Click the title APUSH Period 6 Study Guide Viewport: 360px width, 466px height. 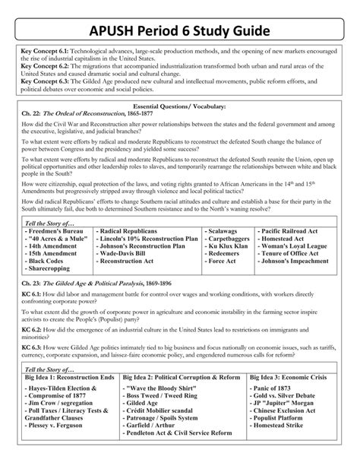pos(180,32)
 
